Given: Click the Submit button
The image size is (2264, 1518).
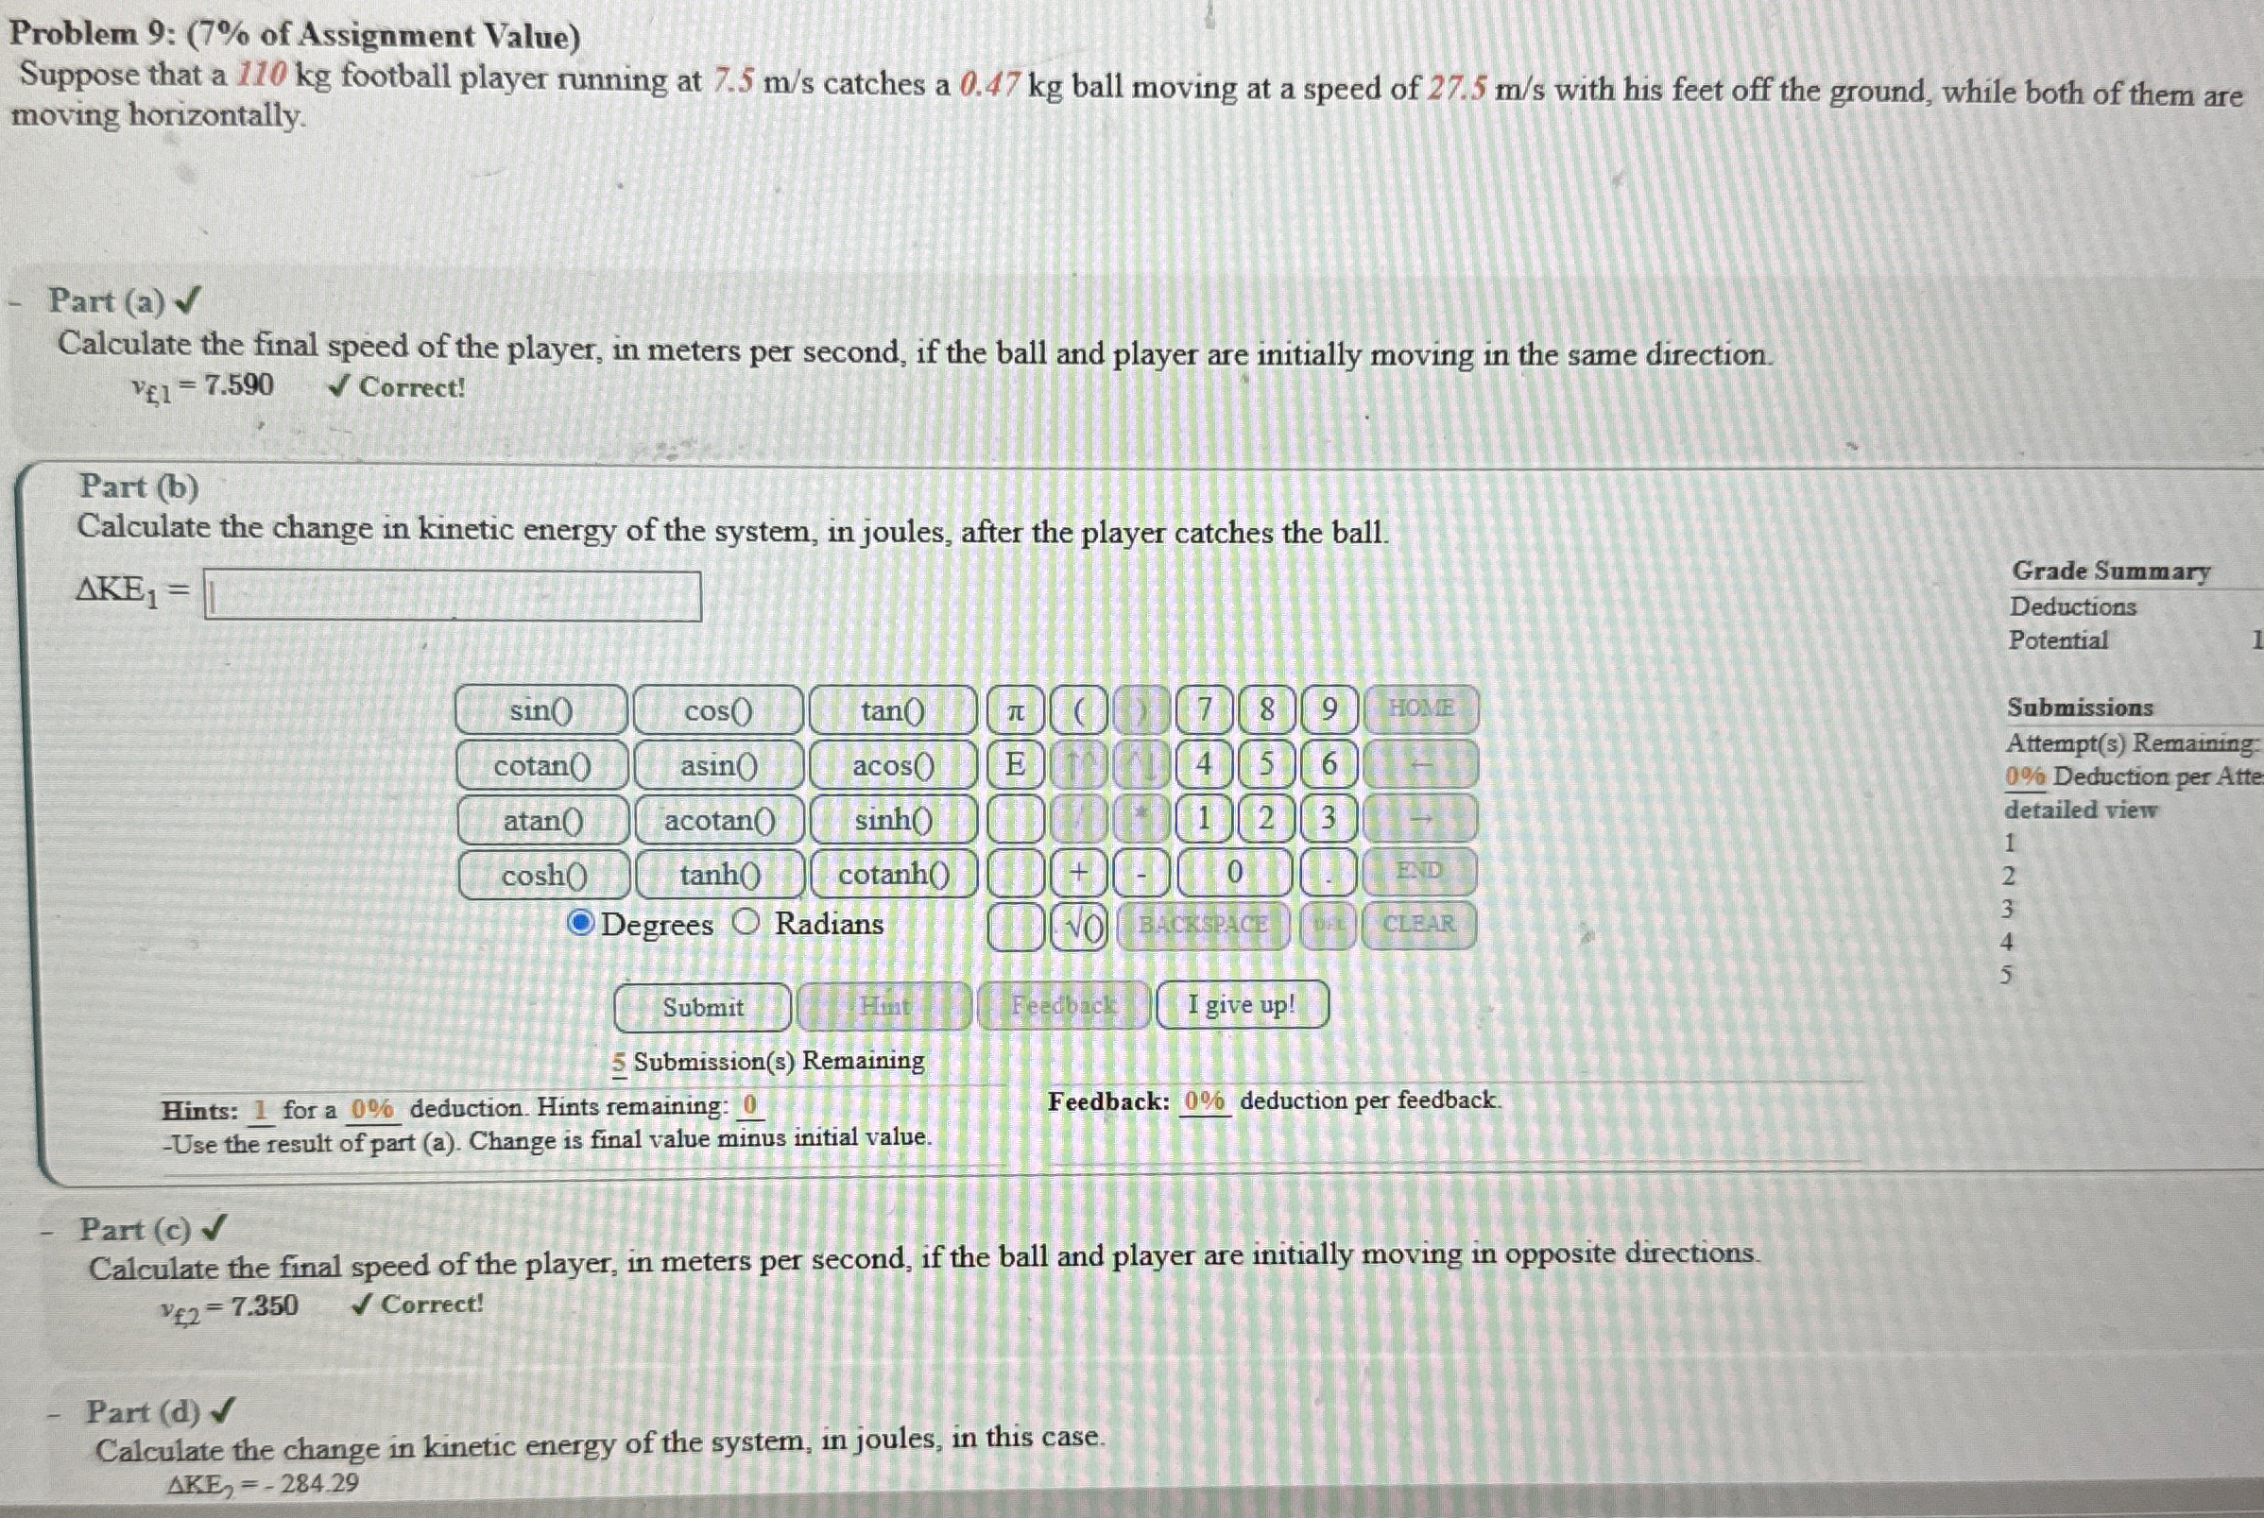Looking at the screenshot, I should click(702, 1007).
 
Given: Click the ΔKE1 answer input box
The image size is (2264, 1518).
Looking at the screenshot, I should click(453, 596).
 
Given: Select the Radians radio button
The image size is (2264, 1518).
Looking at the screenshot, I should click(746, 923).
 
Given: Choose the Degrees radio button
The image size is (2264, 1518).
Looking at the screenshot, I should click(580, 923).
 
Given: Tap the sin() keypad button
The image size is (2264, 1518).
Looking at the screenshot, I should click(541, 710).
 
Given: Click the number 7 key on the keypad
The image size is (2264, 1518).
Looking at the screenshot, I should click(1204, 709).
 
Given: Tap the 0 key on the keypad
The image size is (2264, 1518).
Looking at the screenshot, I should click(1234, 872).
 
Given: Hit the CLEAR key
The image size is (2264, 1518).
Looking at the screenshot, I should click(1418, 924).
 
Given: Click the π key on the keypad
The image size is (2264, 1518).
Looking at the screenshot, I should click(1015, 710).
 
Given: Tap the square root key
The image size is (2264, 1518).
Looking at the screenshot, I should click(1079, 927).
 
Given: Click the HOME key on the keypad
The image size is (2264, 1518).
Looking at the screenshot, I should click(1420, 708).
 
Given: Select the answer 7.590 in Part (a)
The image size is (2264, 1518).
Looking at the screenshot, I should click(238, 385).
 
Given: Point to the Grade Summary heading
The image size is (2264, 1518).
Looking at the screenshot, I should click(2111, 571).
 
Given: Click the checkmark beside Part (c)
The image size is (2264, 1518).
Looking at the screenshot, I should click(215, 1229).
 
